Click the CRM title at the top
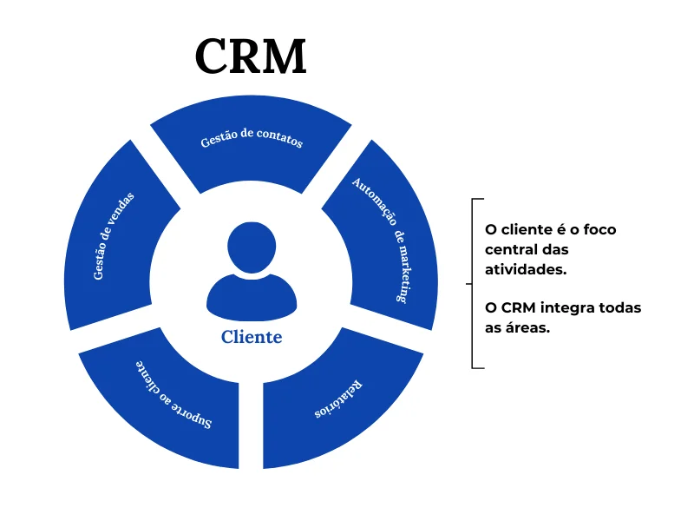251,56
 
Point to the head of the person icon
251,247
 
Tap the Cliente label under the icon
251,337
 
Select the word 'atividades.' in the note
526,269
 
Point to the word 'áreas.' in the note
527,328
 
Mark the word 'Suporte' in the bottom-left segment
193,415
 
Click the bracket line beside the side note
472,283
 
